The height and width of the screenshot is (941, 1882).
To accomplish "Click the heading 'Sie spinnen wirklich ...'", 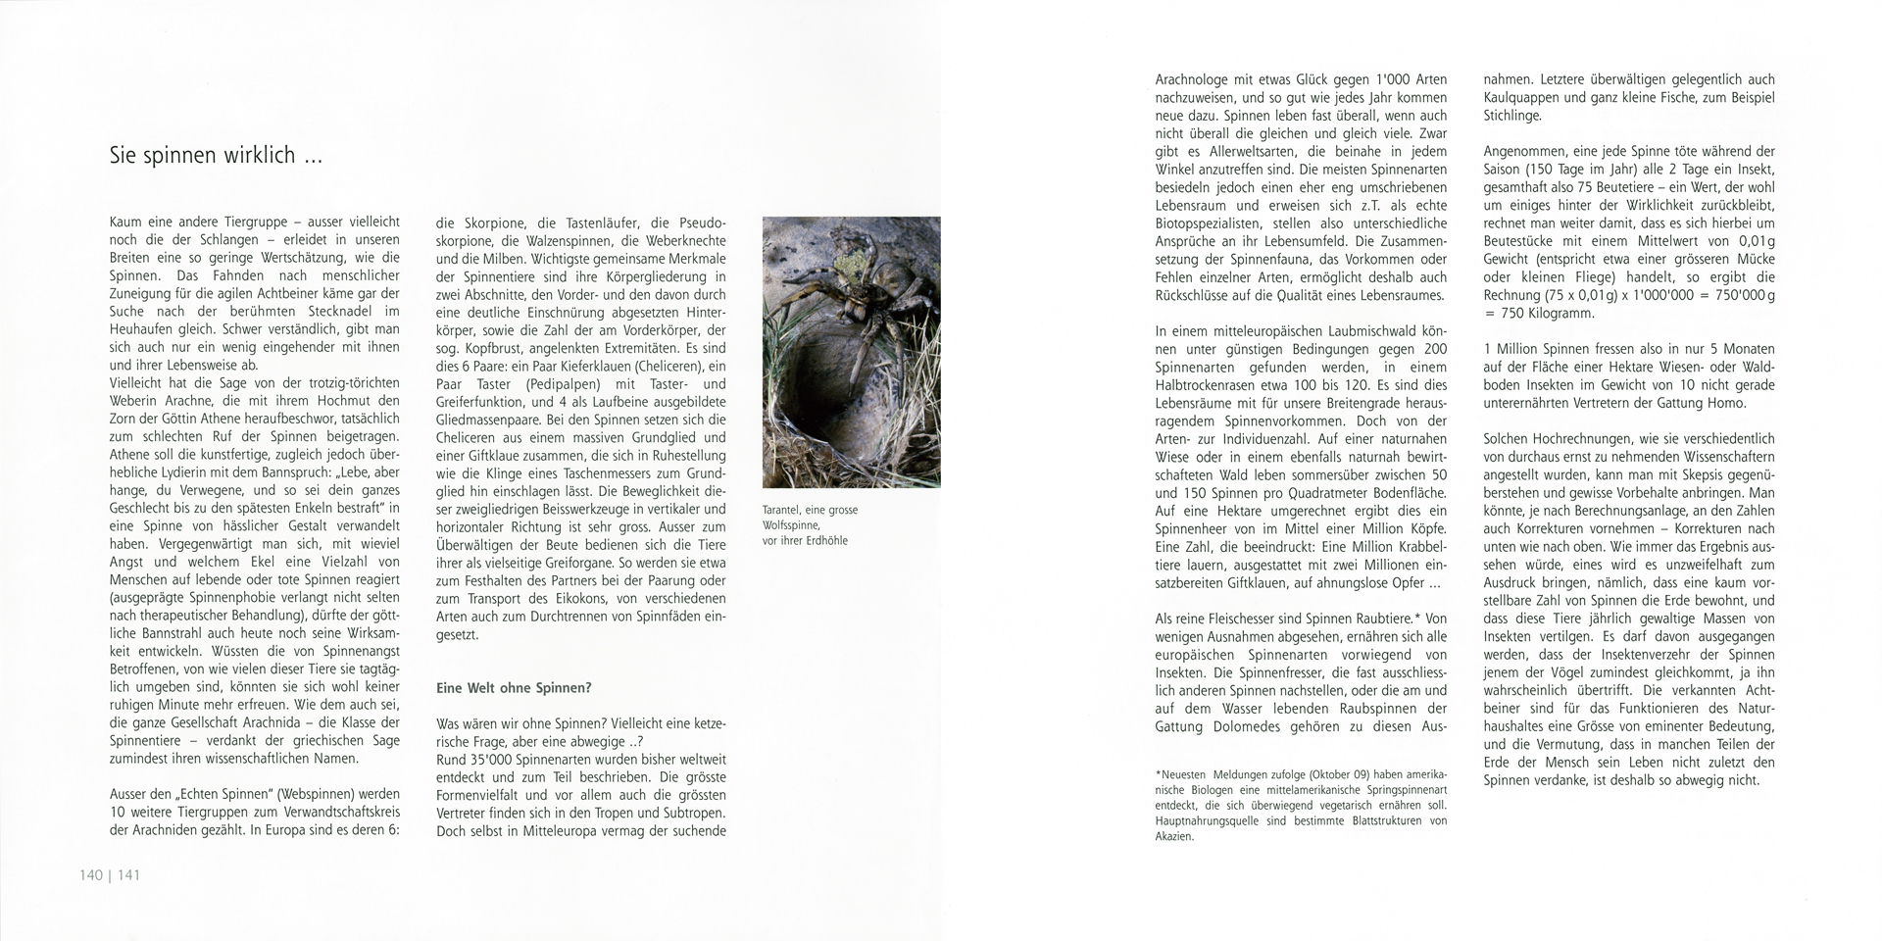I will (216, 155).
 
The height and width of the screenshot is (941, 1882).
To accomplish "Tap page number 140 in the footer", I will (91, 874).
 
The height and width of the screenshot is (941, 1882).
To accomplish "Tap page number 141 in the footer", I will (128, 874).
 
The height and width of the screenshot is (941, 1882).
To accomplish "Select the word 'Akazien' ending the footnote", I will (1174, 837).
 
